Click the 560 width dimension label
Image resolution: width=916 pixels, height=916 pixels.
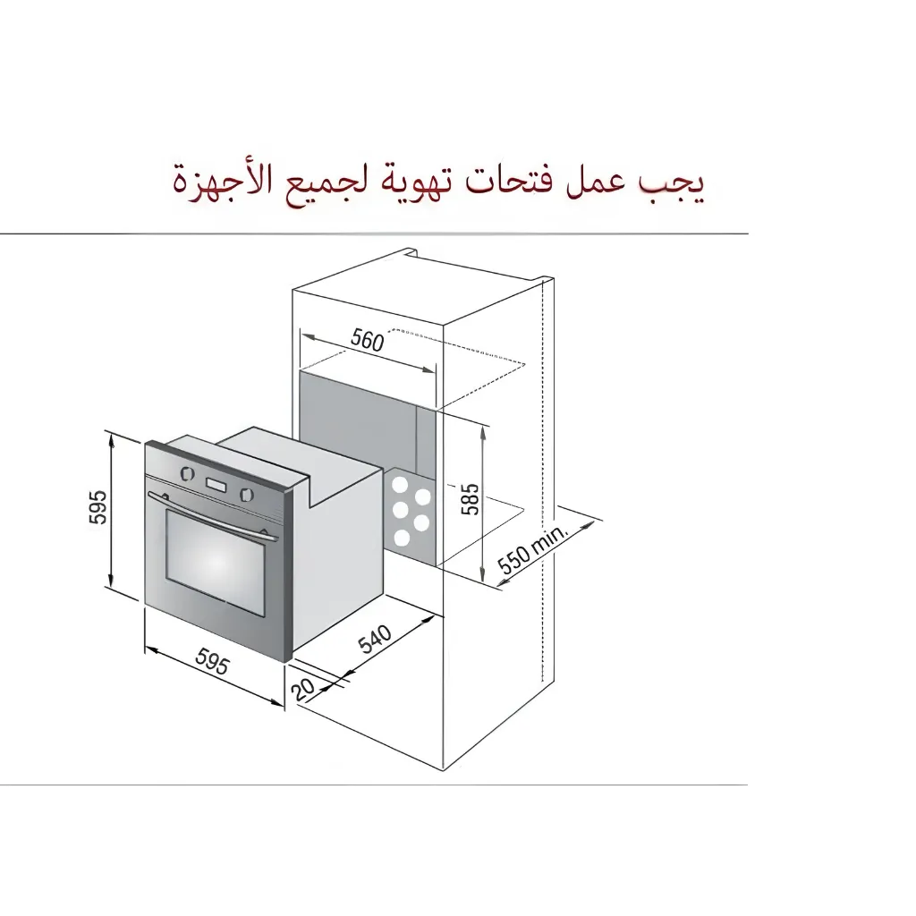coord(367,340)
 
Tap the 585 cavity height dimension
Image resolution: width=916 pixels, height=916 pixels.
coord(471,499)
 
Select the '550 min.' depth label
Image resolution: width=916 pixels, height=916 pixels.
coord(534,552)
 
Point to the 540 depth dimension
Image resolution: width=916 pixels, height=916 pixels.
coord(376,640)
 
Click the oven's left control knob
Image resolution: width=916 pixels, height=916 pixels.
coord(186,474)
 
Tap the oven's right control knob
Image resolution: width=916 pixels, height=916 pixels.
coord(247,493)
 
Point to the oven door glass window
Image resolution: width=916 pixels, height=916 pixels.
coord(216,564)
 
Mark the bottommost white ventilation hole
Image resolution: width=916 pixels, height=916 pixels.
coord(402,539)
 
